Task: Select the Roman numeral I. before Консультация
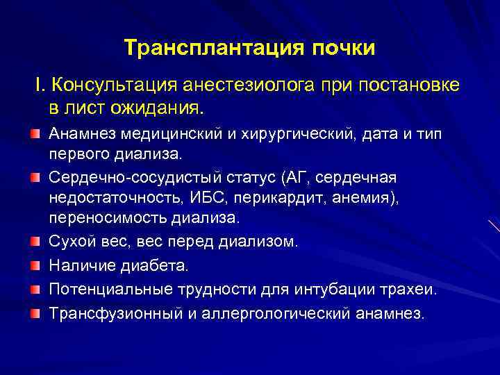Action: click(39, 85)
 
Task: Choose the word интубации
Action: click(312, 289)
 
